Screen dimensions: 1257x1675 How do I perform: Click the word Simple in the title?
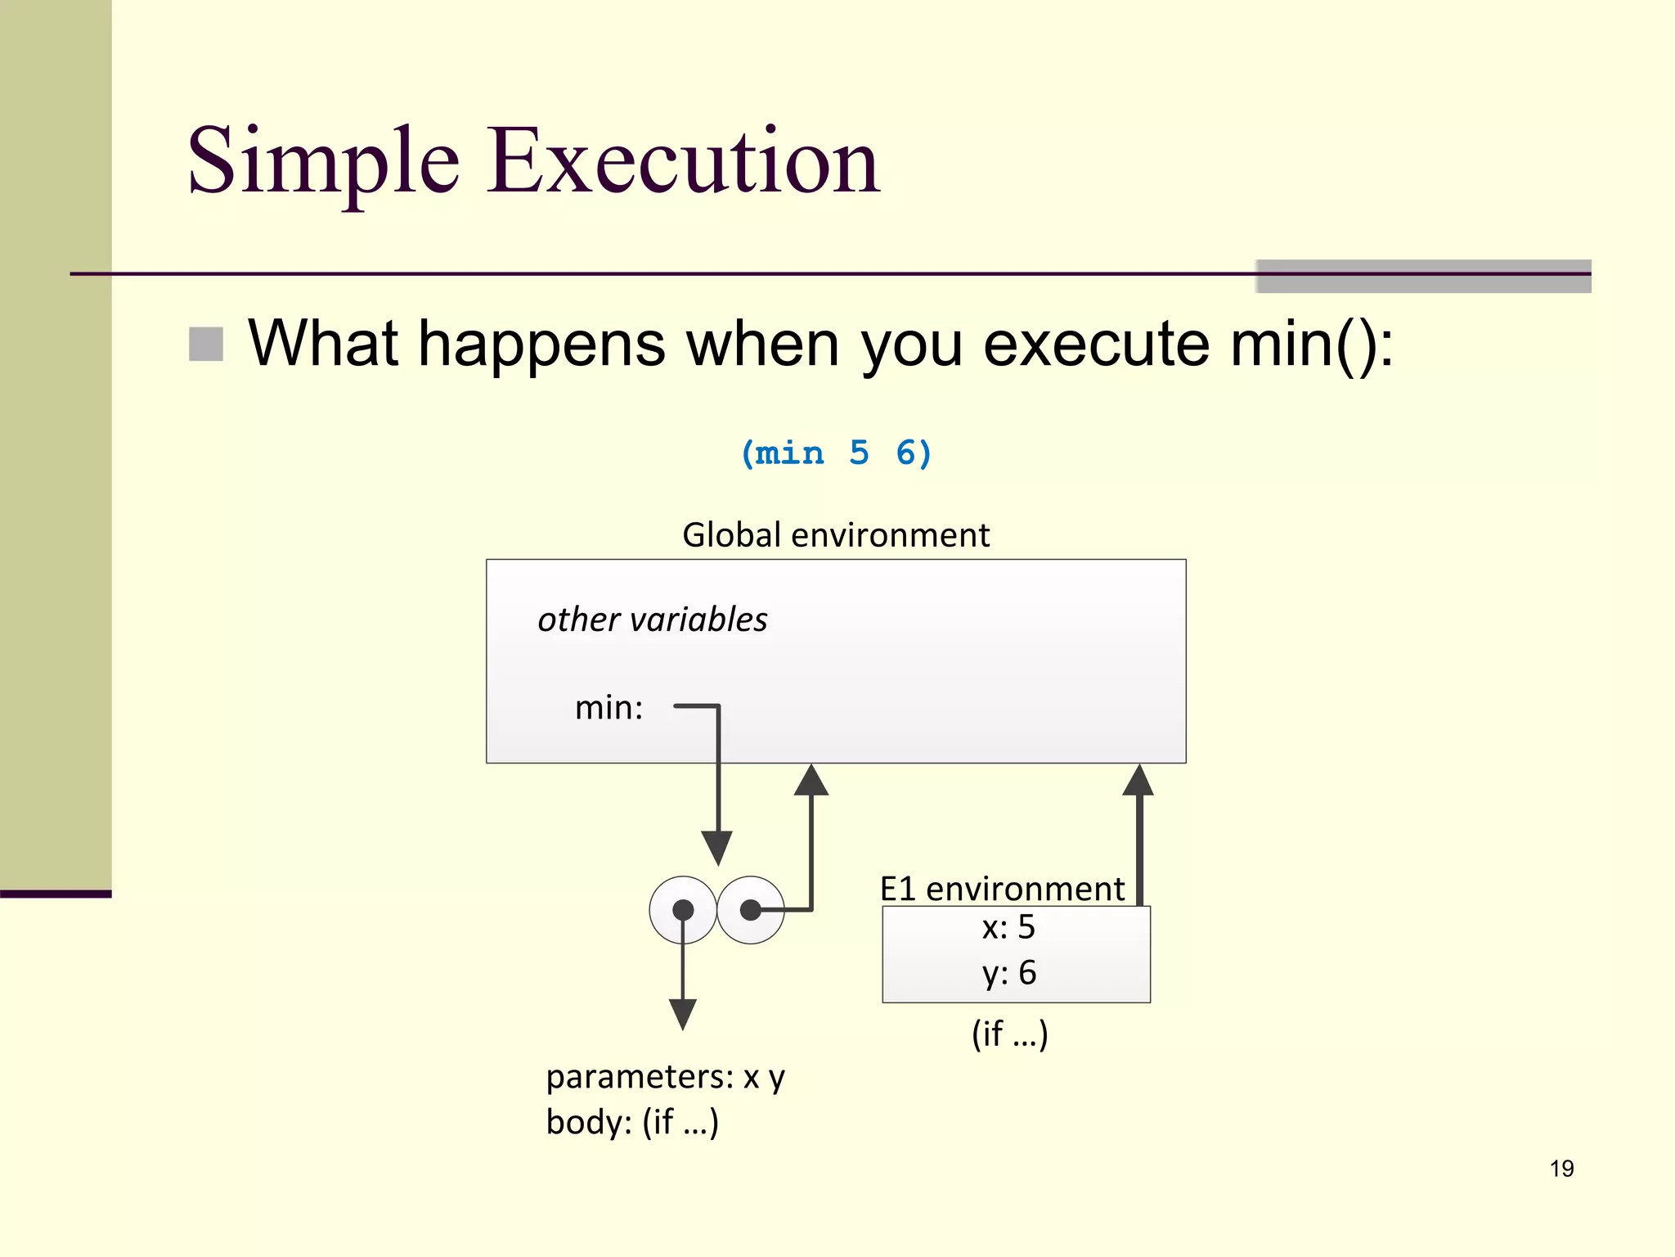point(323,162)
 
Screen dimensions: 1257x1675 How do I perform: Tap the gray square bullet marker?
point(206,344)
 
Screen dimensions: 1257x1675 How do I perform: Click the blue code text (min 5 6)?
point(836,453)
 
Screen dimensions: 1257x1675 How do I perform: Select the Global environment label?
point(836,535)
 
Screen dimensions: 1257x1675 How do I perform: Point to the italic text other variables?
point(652,619)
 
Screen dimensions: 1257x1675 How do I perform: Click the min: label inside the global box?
point(608,708)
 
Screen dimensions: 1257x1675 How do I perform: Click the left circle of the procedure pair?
point(682,910)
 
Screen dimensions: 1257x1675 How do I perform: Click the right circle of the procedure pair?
point(751,910)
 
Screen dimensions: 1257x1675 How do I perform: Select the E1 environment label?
point(1002,889)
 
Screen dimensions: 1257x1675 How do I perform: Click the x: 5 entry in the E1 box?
point(1008,927)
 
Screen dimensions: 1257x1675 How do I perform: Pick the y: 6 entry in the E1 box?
point(1008,973)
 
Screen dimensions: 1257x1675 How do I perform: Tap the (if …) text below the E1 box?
point(1009,1034)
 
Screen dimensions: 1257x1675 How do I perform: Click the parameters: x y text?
point(665,1077)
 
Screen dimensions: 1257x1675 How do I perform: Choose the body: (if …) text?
point(632,1122)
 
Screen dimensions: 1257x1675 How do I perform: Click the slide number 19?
point(1561,1169)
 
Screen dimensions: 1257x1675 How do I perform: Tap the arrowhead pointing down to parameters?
point(682,1015)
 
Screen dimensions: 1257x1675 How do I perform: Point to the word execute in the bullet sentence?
point(1095,344)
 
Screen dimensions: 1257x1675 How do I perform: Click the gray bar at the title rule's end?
point(1423,276)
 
